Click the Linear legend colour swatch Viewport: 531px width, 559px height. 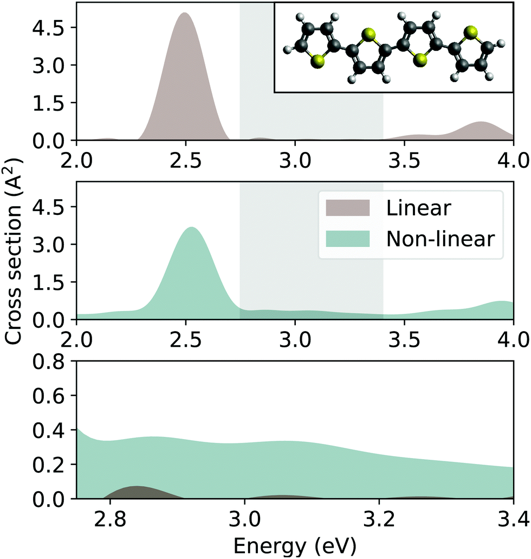(x=347, y=208)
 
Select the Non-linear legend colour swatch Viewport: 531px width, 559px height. (x=347, y=238)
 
